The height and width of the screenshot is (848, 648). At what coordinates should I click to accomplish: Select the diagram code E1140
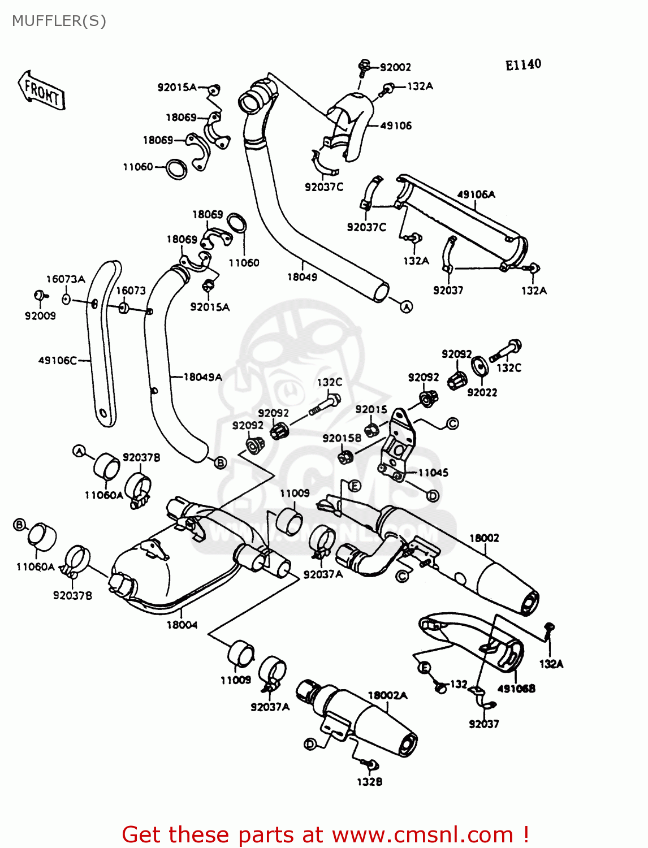point(523,65)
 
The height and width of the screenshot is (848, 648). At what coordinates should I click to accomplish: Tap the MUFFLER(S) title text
point(59,21)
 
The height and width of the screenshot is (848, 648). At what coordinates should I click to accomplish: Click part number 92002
point(395,67)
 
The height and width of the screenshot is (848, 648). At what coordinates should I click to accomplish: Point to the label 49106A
point(476,194)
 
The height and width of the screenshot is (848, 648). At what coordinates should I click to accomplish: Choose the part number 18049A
point(203,377)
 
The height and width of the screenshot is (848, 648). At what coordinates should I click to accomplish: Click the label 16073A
point(66,279)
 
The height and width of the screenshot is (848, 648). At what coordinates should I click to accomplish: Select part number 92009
point(40,316)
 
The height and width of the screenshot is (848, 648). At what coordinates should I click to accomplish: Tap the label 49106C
point(58,360)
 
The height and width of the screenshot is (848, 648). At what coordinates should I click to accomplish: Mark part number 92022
point(482,392)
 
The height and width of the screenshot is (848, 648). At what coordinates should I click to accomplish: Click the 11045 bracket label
point(433,473)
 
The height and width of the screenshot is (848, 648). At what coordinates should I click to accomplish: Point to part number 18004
point(182,625)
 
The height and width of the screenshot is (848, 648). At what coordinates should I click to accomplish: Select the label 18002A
point(387,695)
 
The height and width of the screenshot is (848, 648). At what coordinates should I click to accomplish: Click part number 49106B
point(516,689)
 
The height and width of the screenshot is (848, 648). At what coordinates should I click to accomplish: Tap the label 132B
point(369,782)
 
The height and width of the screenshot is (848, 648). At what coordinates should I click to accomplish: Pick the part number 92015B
point(342,438)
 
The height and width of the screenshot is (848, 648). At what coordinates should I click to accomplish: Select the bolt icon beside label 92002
point(364,67)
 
